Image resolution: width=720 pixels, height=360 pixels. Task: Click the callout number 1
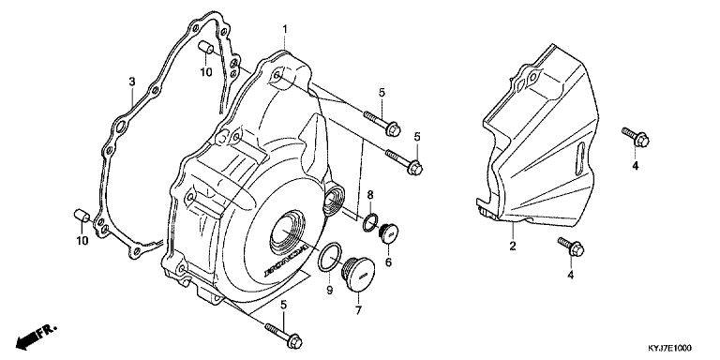[285, 29]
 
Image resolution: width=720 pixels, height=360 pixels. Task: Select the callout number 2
[513, 246]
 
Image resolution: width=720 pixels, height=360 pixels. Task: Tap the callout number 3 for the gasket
[132, 82]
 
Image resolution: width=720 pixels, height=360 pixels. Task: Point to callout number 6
[388, 262]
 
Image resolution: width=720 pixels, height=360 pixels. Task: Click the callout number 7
[358, 310]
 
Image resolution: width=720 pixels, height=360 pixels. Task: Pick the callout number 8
[370, 195]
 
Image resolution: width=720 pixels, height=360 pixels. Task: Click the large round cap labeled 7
[358, 275]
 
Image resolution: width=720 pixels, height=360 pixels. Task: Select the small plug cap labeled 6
[388, 232]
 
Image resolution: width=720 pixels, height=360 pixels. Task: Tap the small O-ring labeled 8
[370, 223]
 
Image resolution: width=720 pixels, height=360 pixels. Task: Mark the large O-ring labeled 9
[330, 257]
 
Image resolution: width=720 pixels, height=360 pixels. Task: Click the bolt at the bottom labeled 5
[283, 336]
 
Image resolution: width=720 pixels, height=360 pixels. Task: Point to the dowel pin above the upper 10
[206, 47]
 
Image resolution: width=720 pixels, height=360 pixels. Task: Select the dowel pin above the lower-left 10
[82, 216]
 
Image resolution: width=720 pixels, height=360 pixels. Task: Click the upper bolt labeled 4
[636, 137]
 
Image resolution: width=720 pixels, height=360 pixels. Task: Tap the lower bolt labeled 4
[571, 247]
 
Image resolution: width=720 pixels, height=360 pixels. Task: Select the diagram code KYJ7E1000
[669, 349]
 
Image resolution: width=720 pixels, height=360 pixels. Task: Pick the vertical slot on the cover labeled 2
[580, 158]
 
